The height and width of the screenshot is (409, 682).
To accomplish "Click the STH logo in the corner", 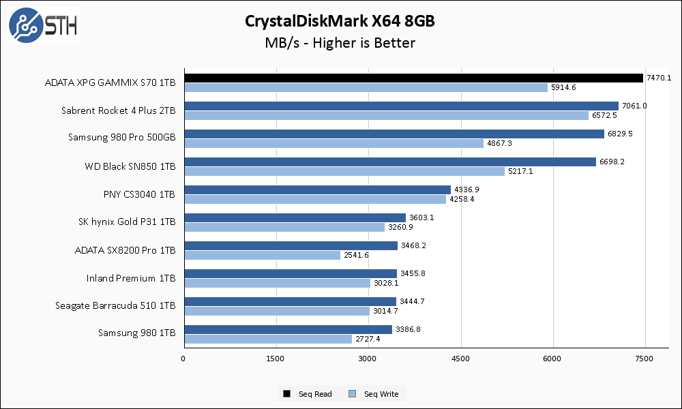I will point(43,26).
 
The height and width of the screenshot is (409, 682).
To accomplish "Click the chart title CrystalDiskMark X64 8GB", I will point(340,21).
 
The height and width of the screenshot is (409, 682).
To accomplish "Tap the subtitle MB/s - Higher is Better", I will point(340,43).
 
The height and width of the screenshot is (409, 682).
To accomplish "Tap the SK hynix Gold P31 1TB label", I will point(127,222).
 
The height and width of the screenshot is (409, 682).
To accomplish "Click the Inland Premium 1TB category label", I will point(131,277).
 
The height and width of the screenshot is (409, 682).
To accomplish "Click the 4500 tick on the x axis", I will point(460,359).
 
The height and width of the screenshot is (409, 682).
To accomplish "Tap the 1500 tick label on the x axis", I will point(276,359).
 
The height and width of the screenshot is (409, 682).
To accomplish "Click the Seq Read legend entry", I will point(308,394).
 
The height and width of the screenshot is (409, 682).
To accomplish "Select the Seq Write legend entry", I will point(374,394).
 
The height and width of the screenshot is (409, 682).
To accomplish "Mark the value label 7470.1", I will point(659,78).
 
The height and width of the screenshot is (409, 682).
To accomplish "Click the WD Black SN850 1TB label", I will point(130,166).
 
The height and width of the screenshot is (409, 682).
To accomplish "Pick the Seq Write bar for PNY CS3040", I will point(314,199).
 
